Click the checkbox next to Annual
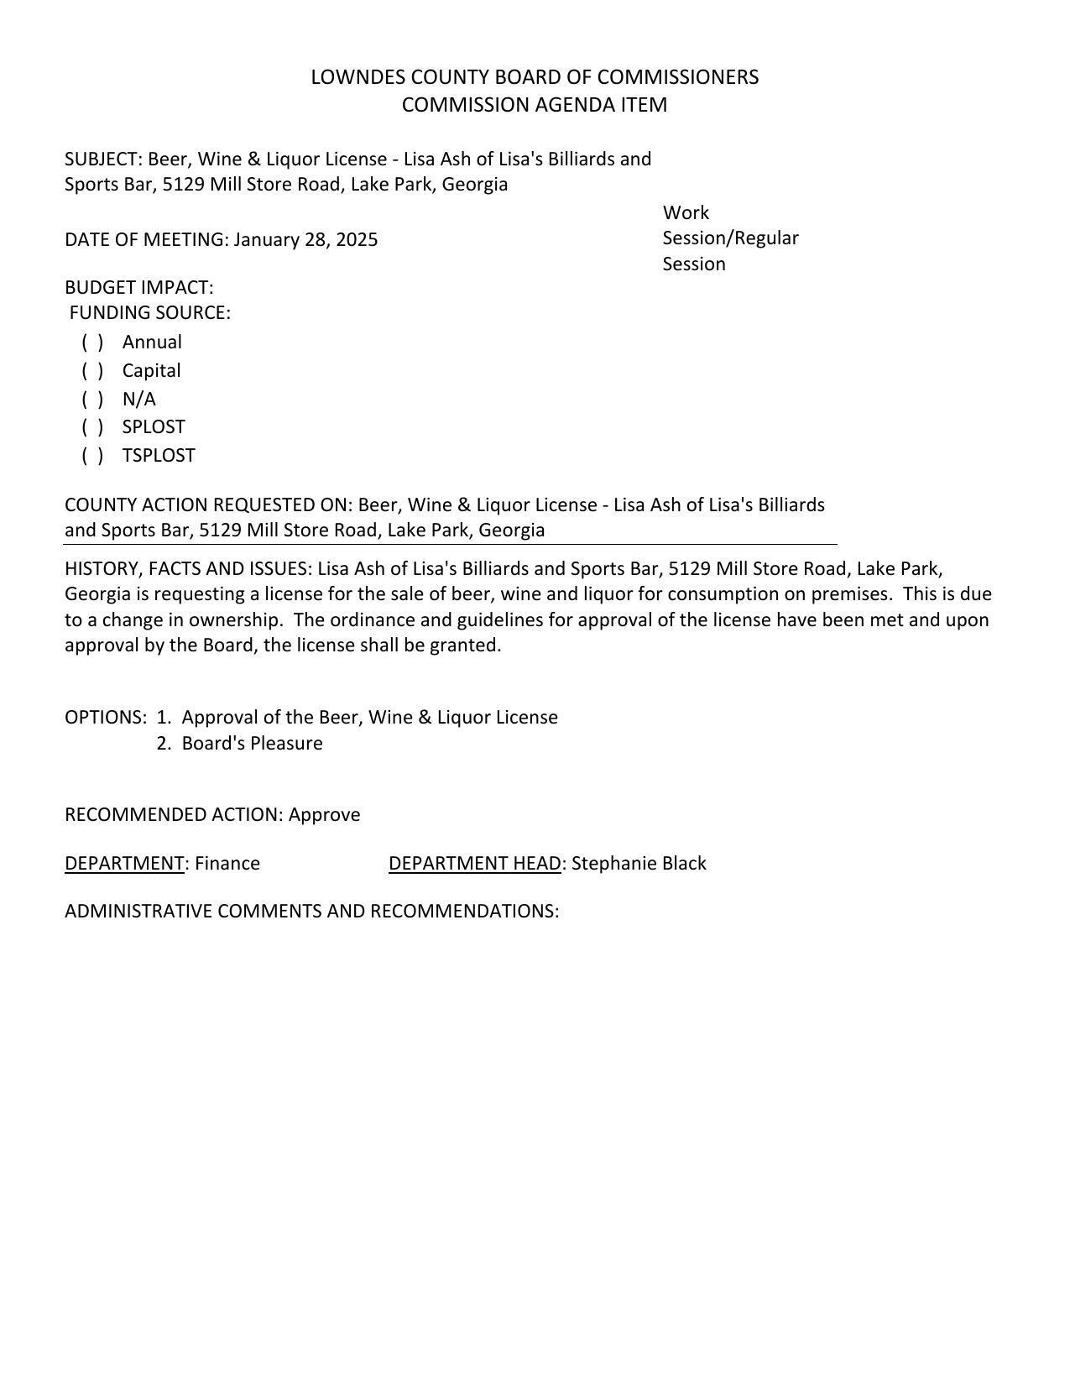pos(92,342)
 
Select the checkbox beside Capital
pos(92,371)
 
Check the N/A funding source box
pos(92,400)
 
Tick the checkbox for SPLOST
pos(92,427)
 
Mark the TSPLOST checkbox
pos(92,456)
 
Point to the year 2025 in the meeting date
pos(357,240)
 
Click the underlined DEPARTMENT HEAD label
pos(474,864)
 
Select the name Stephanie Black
pos(639,864)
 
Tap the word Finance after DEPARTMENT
pos(227,864)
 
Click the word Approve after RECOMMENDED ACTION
pos(324,815)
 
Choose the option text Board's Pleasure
pos(252,744)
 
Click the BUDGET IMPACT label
pos(138,288)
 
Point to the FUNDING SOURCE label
pos(149,313)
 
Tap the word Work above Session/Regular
pos(686,213)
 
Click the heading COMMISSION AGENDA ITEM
pos(535,105)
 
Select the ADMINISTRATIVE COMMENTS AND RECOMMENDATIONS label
pos(311,912)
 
